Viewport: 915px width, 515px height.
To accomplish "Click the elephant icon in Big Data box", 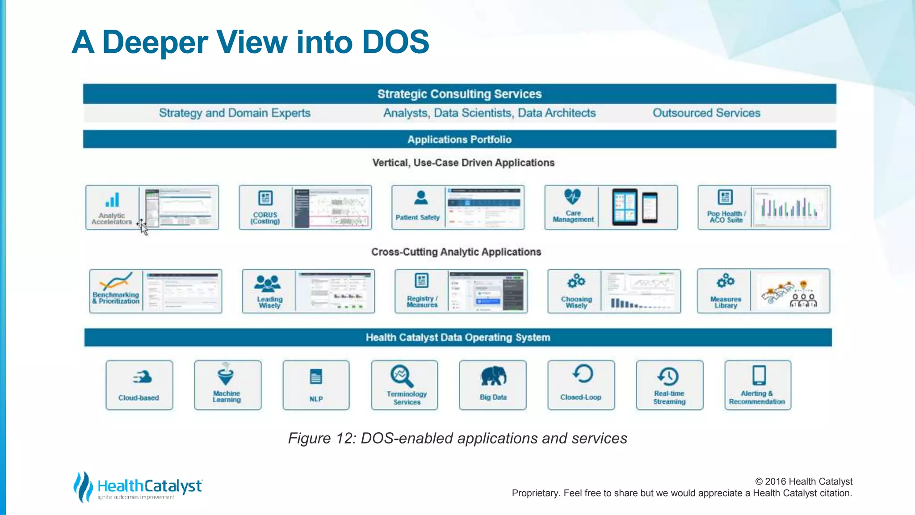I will [x=493, y=376].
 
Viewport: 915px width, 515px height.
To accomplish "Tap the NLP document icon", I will [x=316, y=377].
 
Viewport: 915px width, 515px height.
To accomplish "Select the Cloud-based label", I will [x=139, y=397].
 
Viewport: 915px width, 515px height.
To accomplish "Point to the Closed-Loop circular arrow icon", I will [x=583, y=374].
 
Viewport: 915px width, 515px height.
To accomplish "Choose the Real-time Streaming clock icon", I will [x=668, y=376].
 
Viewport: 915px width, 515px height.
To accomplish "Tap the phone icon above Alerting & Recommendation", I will [x=759, y=375].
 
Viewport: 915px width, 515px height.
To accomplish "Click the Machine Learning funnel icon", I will [x=226, y=374].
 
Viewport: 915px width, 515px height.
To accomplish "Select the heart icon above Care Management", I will [x=572, y=196].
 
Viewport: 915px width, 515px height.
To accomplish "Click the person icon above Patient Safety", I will [x=420, y=197].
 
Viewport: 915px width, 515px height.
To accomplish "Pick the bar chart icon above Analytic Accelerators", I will [x=113, y=199].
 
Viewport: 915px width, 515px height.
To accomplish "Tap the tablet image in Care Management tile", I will [x=625, y=207].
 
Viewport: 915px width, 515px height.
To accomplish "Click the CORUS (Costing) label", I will [x=265, y=218].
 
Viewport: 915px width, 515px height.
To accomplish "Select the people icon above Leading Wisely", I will [x=267, y=283].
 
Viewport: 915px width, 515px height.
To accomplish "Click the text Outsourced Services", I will [x=706, y=113].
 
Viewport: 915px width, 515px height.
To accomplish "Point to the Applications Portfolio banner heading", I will [x=459, y=139].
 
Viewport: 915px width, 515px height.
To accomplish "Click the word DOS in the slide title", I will [x=395, y=42].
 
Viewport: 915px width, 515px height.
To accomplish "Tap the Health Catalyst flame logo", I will [x=83, y=486].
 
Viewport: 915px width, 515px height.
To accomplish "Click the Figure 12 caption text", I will [x=457, y=438].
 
